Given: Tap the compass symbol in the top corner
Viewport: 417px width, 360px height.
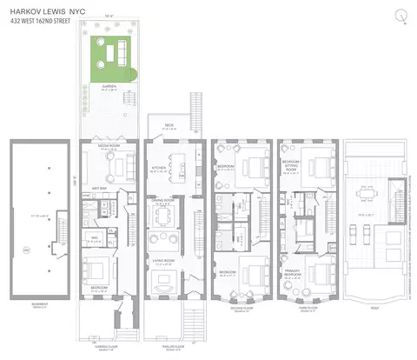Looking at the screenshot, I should coord(400,14).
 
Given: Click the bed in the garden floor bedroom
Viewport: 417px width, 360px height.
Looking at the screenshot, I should coord(111,270).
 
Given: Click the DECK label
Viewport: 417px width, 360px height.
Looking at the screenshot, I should coord(170,125).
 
